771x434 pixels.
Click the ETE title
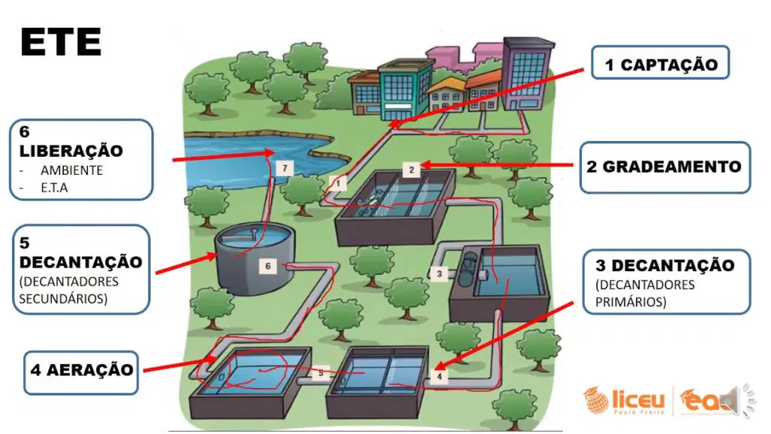point(60,42)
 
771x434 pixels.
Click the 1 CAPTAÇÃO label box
point(660,63)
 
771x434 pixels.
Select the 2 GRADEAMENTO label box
point(665,167)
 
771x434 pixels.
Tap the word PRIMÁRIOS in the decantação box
point(630,301)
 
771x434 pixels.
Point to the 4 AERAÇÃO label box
point(81,372)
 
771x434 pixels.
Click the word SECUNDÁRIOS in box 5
point(63,298)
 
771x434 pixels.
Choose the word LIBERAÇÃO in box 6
point(71,151)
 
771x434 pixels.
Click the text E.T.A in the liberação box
point(54,188)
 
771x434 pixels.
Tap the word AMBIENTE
point(72,170)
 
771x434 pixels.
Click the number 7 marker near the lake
point(285,168)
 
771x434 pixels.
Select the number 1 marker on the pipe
point(338,184)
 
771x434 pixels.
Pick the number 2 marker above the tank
point(412,170)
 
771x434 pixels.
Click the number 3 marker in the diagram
point(439,274)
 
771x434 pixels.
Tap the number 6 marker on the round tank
point(268,266)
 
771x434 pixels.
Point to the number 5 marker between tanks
point(321,373)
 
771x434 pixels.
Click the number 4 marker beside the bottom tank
point(439,377)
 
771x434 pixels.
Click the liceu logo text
point(638,399)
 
